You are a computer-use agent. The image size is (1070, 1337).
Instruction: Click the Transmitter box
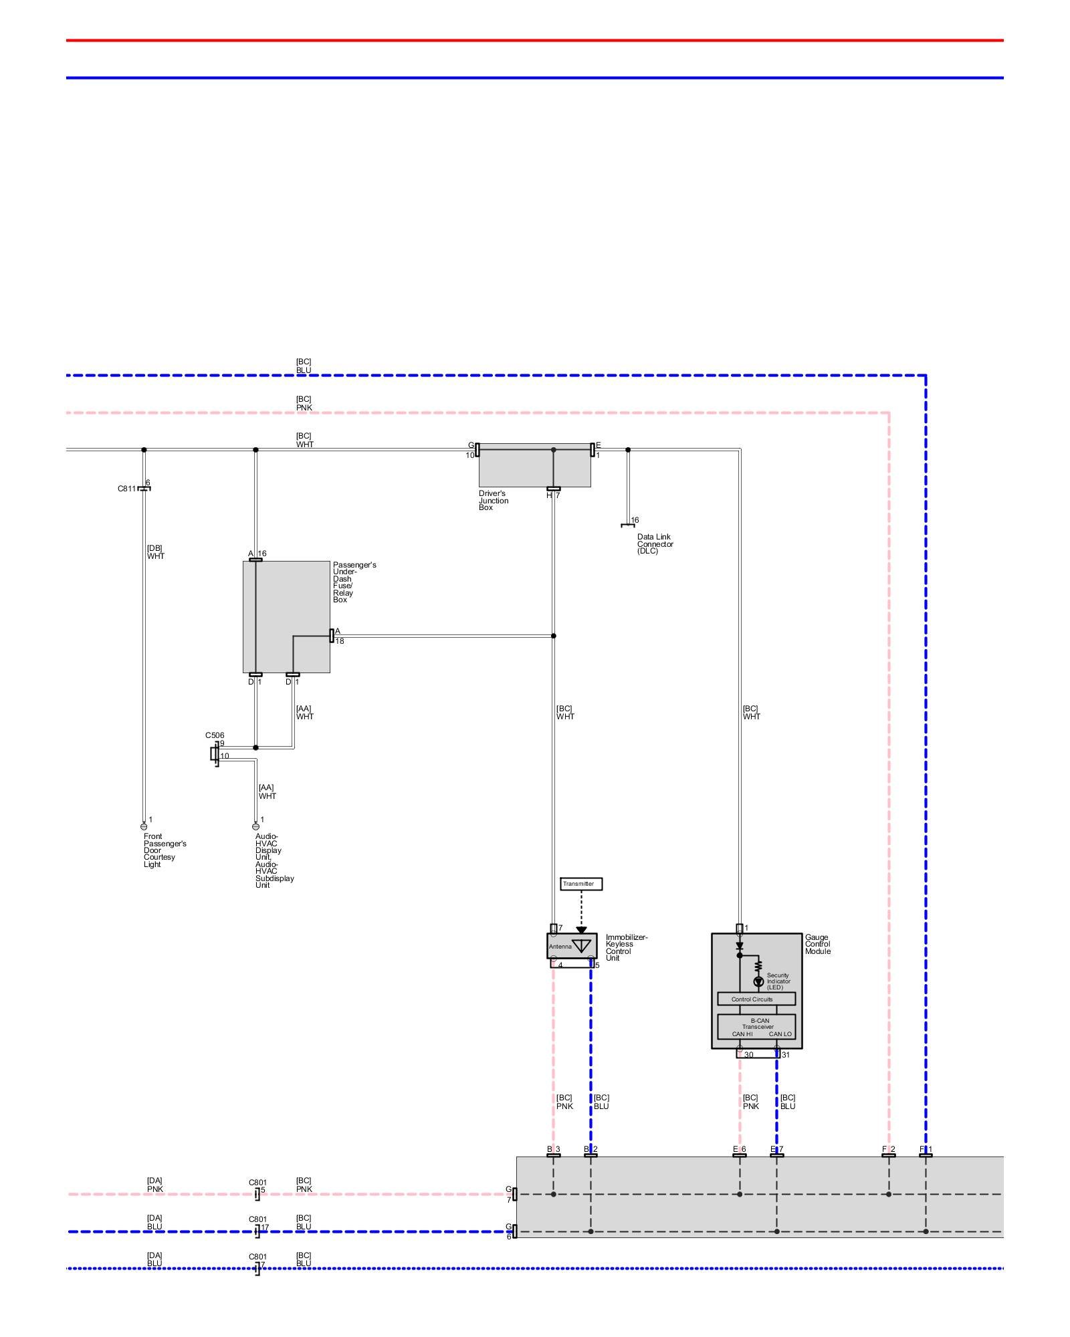581,884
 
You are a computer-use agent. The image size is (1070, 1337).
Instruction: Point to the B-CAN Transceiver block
756,1026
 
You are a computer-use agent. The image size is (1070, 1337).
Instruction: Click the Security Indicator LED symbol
758,981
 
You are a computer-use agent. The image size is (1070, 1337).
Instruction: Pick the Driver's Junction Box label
494,501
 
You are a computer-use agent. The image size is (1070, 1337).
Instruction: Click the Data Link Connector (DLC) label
655,543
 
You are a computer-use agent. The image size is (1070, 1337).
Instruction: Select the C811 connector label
126,489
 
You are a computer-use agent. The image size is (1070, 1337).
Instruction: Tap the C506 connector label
215,735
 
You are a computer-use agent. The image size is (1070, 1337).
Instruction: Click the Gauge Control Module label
818,944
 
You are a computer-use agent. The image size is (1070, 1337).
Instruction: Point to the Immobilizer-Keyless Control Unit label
626,947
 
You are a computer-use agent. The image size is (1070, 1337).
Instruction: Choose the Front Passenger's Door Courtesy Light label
165,850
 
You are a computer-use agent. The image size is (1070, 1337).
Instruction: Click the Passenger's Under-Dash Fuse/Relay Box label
354,582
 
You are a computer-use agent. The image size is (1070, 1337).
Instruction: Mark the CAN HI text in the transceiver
742,1034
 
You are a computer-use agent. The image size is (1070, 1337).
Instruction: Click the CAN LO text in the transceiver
780,1034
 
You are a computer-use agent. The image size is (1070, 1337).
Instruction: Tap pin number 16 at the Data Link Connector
635,520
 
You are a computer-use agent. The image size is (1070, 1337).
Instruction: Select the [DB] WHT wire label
155,552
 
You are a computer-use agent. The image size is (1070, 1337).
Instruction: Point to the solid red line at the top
535,40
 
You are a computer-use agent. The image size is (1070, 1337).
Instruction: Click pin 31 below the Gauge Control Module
785,1055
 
